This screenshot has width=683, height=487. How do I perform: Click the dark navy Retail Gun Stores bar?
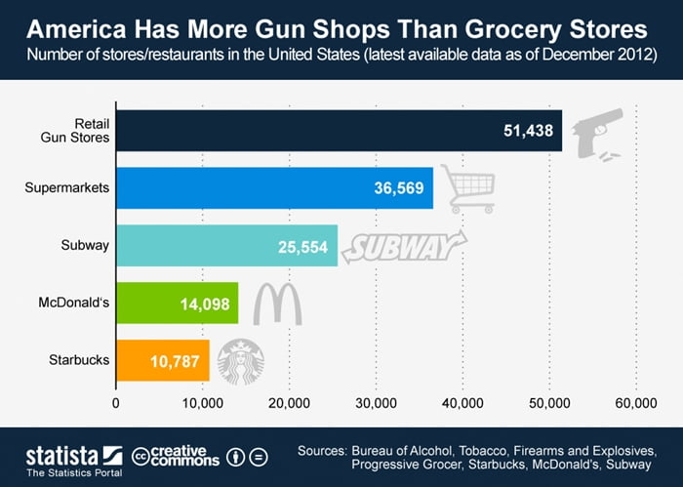[x=339, y=130]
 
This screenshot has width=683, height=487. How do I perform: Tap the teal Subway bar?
[x=226, y=245]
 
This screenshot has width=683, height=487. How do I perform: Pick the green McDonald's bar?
[x=177, y=304]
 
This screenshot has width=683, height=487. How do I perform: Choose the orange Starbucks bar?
[x=162, y=360]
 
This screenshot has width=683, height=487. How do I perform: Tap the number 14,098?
[x=204, y=304]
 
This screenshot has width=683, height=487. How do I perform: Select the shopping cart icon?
[x=465, y=187]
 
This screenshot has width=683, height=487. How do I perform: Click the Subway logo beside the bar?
[x=395, y=246]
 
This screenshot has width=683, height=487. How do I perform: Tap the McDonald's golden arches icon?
[x=277, y=304]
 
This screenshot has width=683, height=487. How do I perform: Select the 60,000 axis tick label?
[x=636, y=402]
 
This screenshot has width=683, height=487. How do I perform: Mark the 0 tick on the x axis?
[x=116, y=402]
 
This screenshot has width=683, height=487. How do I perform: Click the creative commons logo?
[x=174, y=456]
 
